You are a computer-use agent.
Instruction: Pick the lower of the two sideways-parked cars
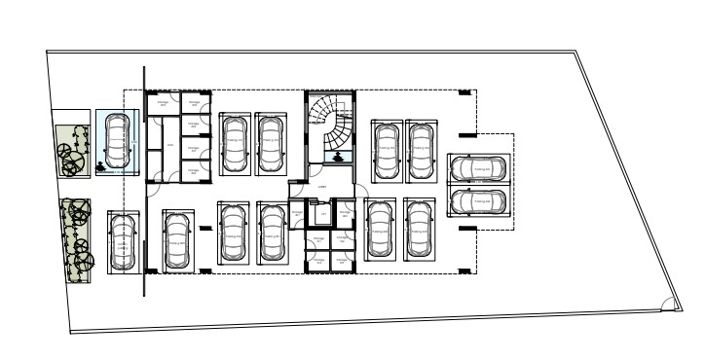[x=478, y=201]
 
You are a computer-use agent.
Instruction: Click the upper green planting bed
[x=72, y=150]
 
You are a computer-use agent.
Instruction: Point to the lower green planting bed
[x=76, y=240]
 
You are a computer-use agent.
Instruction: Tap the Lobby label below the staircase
[x=322, y=186]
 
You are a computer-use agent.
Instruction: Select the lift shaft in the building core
[x=321, y=215]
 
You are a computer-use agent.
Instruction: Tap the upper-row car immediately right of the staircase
[x=386, y=150]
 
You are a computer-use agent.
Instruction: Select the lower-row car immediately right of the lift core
[x=378, y=229]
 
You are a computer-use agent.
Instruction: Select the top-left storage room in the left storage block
[x=164, y=104]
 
